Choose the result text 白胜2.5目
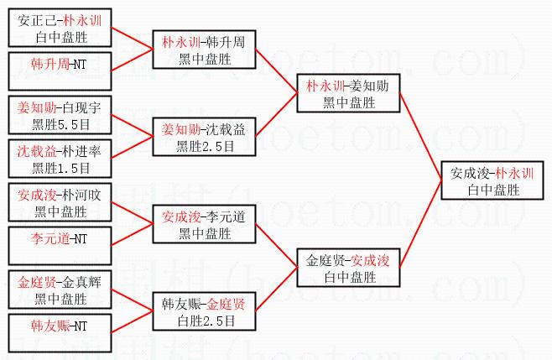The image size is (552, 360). tap(202, 321)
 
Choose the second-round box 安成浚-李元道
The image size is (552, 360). tap(202, 225)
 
